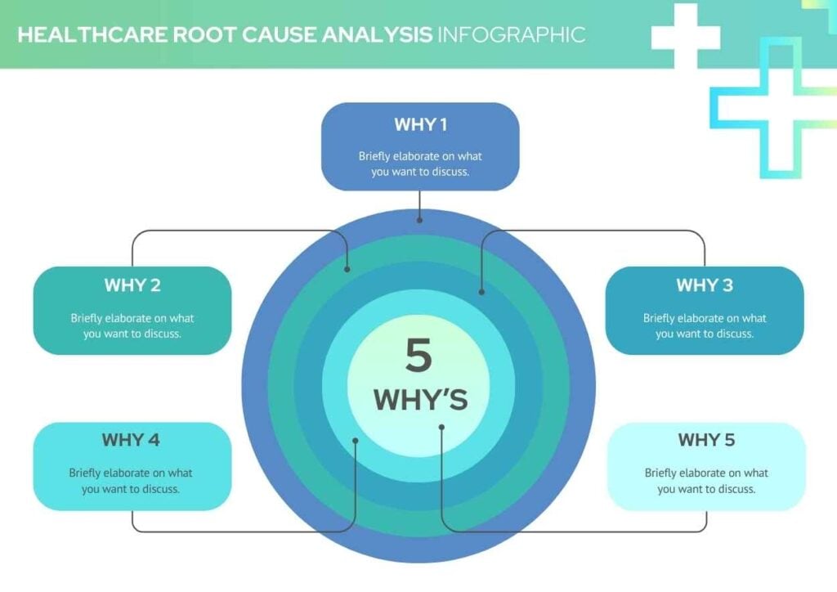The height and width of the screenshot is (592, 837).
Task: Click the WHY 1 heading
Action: [420, 125]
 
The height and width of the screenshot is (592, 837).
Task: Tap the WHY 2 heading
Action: [132, 285]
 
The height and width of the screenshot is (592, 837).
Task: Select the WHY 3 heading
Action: [704, 285]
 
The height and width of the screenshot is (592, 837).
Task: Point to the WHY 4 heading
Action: [131, 440]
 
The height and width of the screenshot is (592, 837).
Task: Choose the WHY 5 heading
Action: [706, 440]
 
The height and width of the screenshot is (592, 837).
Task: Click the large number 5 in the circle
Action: [418, 357]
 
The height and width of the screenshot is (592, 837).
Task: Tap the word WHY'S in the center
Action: [420, 400]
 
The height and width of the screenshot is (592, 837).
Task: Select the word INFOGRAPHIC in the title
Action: [511, 35]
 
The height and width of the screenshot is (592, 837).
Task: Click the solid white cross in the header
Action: [685, 36]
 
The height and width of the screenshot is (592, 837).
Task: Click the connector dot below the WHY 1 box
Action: [419, 220]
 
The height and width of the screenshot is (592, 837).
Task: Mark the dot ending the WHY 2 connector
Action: [347, 269]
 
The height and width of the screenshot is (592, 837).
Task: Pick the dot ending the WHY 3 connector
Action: [481, 291]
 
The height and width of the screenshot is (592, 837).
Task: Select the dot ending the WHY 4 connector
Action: [356, 441]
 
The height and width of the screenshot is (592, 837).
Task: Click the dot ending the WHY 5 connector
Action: [441, 426]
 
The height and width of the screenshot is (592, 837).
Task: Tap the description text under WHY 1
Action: [420, 164]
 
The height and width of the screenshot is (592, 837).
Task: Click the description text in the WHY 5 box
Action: [706, 481]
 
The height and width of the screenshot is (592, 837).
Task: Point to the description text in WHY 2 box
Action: [132, 325]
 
